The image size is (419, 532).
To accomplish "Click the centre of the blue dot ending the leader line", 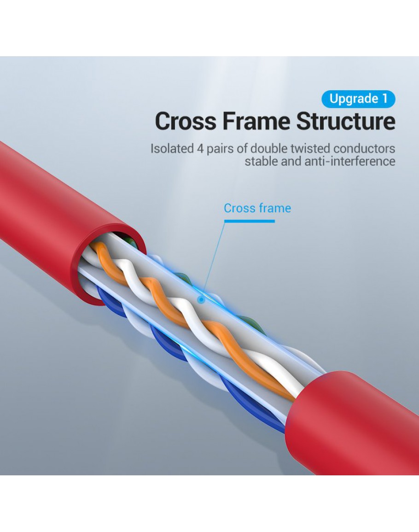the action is pos(201,300).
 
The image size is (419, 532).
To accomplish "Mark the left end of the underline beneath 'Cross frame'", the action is pos(224,221).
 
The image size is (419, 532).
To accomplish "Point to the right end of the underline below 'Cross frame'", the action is pos(275,221).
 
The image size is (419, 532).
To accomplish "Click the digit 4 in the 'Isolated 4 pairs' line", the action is pos(200,149).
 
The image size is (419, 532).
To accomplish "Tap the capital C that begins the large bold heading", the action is pos(163,121).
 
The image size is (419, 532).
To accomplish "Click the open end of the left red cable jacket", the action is pos(109,263).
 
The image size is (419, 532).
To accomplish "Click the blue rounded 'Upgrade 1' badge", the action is pos(358,99).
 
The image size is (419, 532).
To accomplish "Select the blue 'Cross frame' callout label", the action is pos(257,208).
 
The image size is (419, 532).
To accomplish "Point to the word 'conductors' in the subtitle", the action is pos(364,149).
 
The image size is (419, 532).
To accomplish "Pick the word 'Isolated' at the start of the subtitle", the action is pos(172,149).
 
